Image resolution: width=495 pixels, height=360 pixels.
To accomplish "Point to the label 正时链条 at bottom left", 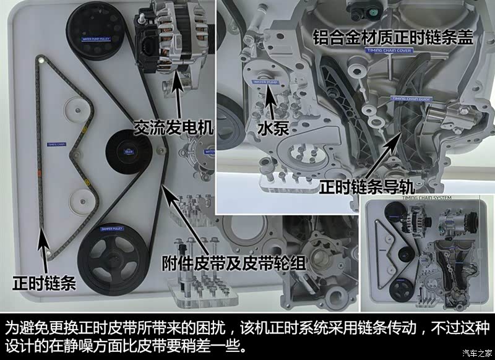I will click(44, 283).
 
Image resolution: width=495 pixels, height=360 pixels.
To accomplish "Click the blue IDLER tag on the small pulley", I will click(129, 150).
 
